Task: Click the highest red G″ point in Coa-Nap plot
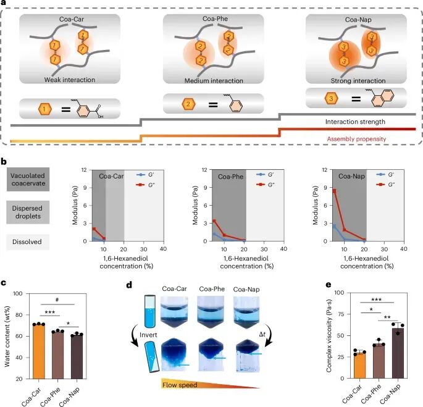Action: [334, 191]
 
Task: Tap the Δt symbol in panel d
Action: [277, 334]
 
